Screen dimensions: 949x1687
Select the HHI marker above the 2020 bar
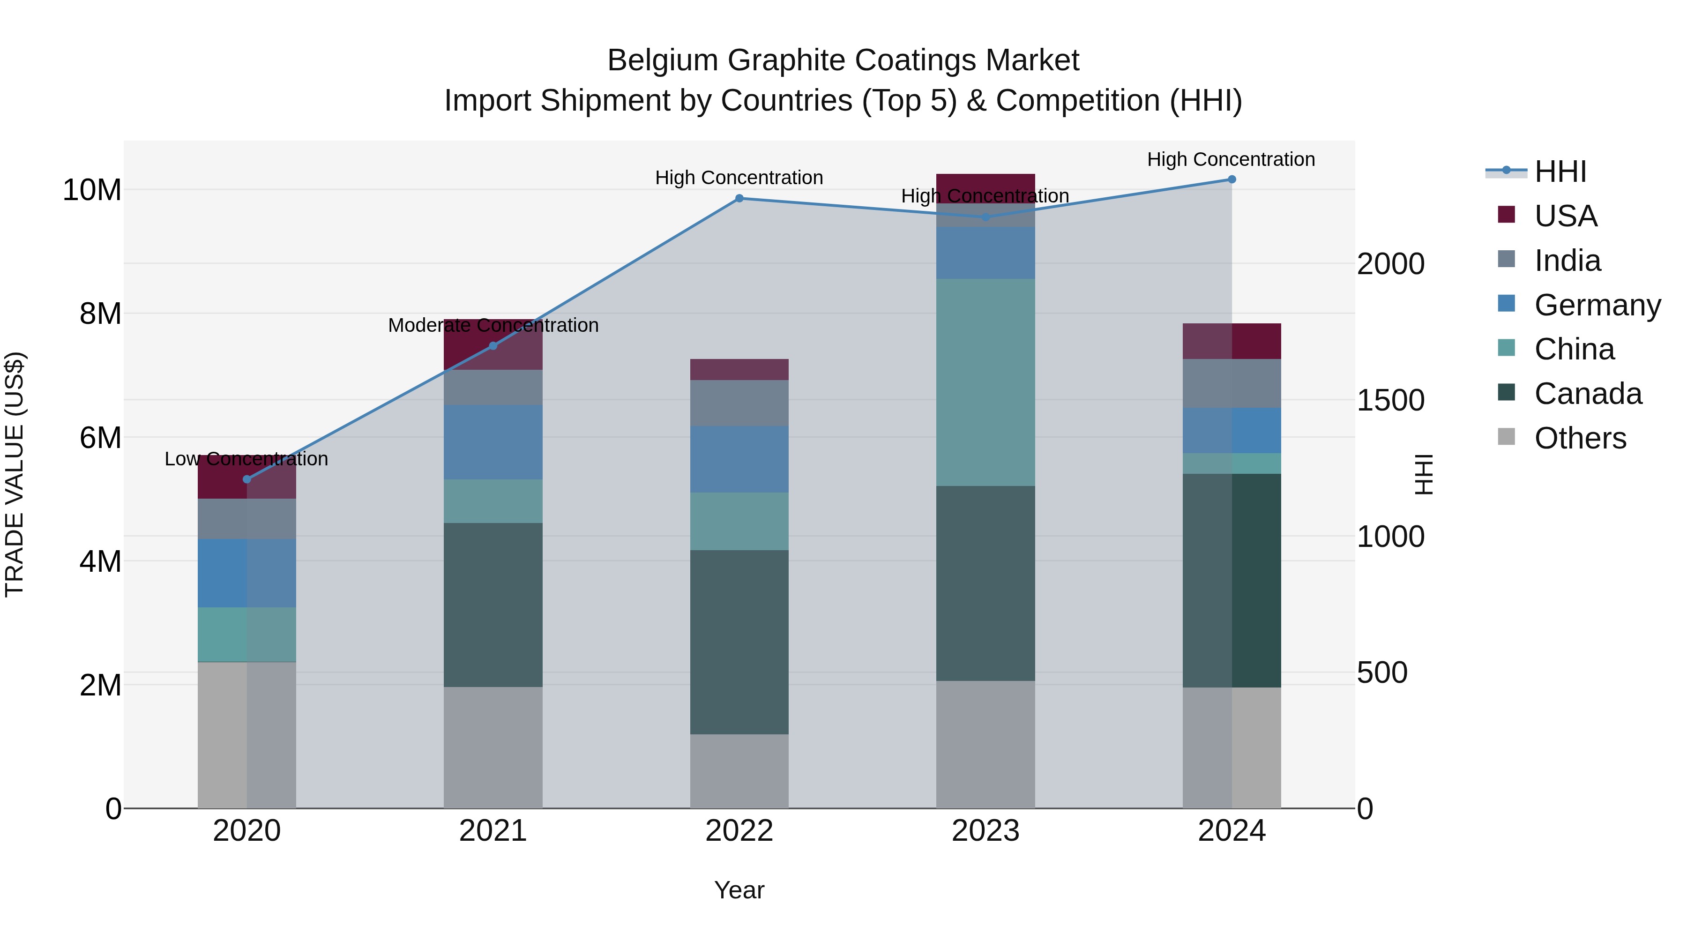(247, 479)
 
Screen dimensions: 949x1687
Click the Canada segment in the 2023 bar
(985, 583)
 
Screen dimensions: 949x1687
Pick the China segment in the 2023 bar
(985, 382)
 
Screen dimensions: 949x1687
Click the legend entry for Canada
(1588, 394)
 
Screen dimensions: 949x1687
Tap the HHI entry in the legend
(1560, 172)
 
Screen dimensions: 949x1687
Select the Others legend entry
(1580, 438)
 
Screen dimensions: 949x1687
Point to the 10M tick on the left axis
(92, 190)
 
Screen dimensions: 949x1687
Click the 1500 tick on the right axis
(1390, 400)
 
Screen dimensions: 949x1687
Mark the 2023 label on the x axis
(985, 831)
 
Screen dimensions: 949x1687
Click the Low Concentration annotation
(246, 459)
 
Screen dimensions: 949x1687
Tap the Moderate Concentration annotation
(493, 326)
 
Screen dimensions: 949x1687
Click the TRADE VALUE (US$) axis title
(15, 474)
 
